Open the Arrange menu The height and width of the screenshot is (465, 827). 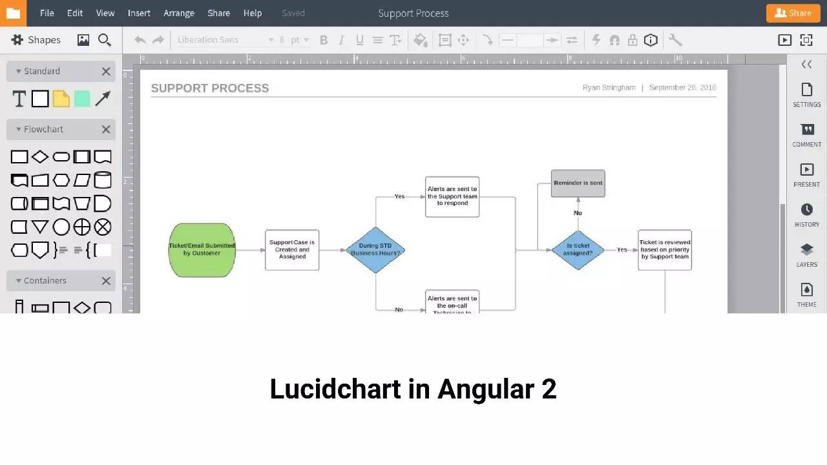(179, 13)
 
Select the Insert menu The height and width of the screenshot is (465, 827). (139, 13)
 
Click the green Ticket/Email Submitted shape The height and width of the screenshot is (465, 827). (202, 250)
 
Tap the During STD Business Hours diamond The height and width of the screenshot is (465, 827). (375, 250)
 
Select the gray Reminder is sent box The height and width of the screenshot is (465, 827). (578, 183)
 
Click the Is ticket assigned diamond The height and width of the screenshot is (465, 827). (578, 250)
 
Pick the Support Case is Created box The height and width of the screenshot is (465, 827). (292, 250)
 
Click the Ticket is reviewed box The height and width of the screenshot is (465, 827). (664, 250)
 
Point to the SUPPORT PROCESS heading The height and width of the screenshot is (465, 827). (210, 88)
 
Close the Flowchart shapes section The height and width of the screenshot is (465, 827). (106, 129)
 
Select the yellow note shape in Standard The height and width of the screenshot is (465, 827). (61, 99)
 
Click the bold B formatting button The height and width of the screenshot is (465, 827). (324, 40)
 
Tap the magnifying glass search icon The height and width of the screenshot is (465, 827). (105, 40)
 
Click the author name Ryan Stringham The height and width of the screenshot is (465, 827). (609, 88)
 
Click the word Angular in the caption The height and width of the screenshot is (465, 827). (485, 389)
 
